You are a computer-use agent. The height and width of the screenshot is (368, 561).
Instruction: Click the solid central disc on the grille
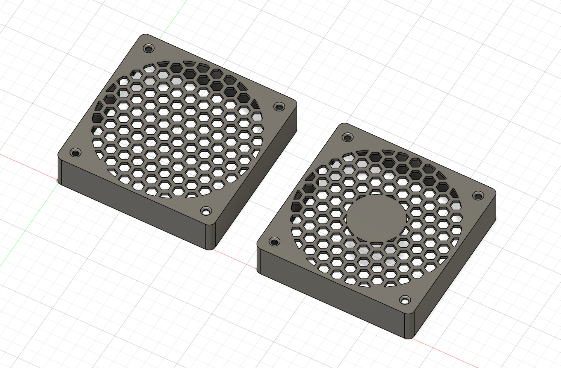(376, 218)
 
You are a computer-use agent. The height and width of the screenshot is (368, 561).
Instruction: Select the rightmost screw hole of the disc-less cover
(278, 107)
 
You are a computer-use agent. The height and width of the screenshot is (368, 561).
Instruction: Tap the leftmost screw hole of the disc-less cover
(76, 153)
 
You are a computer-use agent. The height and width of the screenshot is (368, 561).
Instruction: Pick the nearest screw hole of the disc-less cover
(206, 211)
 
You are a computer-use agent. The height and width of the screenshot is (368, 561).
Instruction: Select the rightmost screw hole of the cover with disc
(478, 196)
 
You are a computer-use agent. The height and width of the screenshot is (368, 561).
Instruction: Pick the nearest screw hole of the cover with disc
(405, 300)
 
